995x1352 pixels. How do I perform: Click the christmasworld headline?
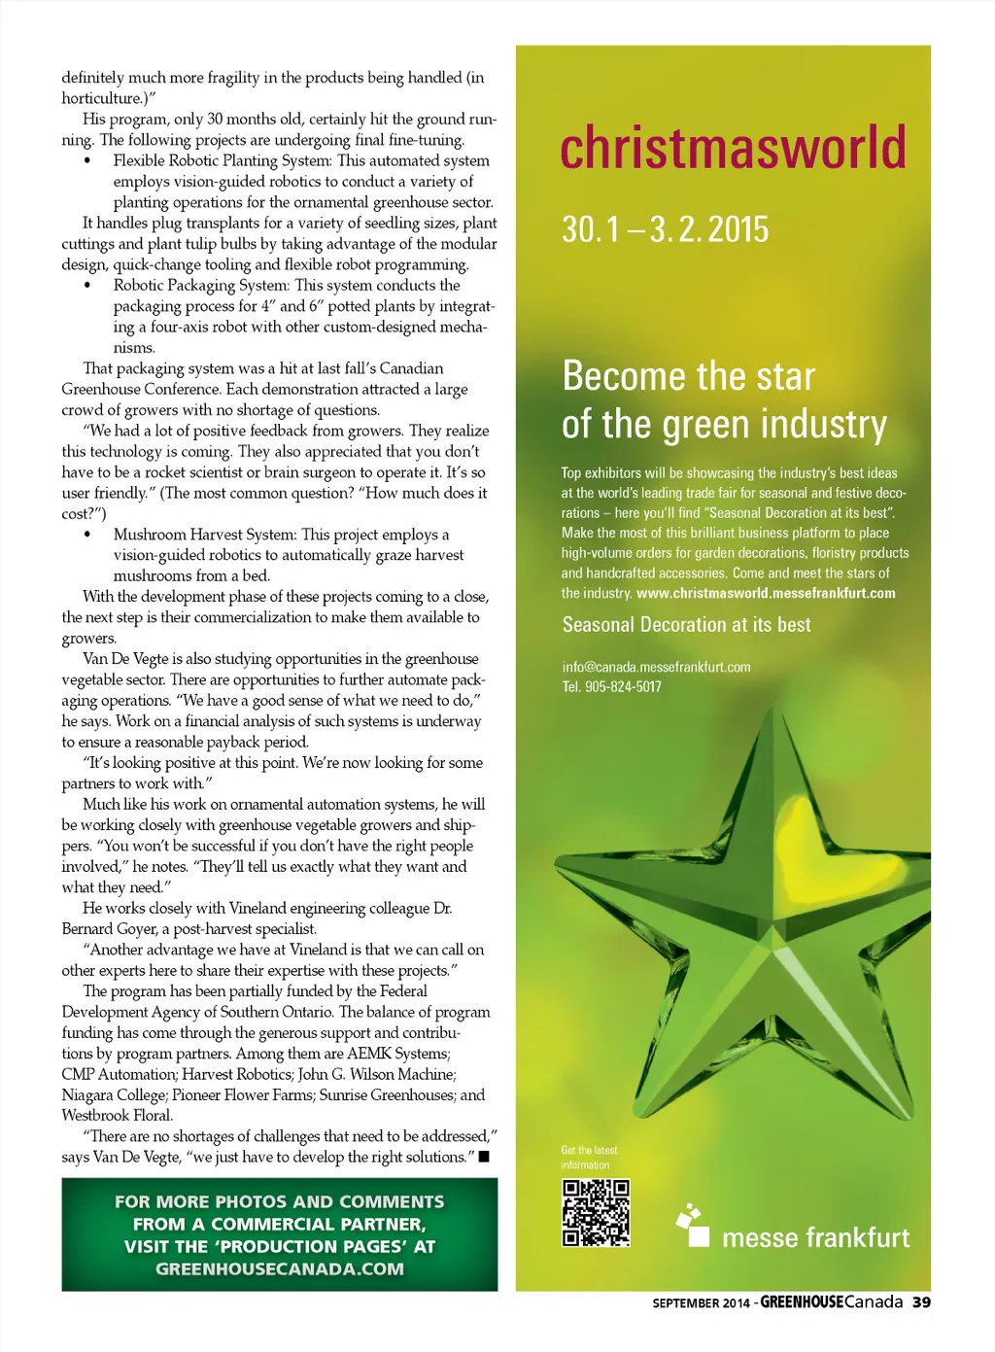tap(734, 148)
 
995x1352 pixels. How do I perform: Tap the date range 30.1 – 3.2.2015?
tap(665, 229)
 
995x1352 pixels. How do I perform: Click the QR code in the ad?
tap(596, 1213)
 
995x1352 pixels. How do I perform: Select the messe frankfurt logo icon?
tap(694, 1226)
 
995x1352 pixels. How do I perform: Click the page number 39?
tap(921, 1302)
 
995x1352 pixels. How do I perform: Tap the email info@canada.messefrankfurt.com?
tap(656, 667)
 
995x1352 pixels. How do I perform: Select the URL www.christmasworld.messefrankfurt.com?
tap(766, 593)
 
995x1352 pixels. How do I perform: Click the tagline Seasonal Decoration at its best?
tap(686, 625)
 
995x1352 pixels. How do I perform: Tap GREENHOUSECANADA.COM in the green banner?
tap(280, 1268)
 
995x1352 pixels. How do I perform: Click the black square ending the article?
tap(484, 1157)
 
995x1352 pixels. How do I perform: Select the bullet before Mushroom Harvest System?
tap(87, 535)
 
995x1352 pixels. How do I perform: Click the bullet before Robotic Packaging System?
tap(87, 286)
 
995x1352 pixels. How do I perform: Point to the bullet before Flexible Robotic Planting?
tap(87, 161)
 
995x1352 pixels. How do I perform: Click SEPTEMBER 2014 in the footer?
tap(701, 1303)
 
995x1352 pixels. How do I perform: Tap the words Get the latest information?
tap(589, 1158)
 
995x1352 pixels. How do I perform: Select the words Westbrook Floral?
tap(117, 1116)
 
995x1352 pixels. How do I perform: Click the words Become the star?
tap(688, 376)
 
